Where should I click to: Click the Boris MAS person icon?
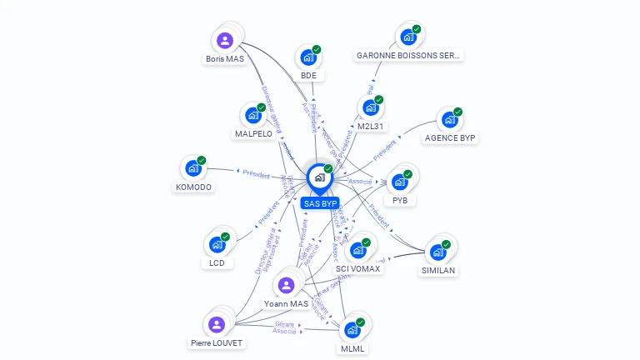coord(224,40)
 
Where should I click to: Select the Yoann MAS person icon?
coord(287,285)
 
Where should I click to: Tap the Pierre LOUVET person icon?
coord(217,324)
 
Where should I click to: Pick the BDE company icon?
coord(308,57)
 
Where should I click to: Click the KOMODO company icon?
coord(193,168)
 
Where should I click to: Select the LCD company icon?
coord(217,244)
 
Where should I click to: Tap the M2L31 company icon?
coord(370,107)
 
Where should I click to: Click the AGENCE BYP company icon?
coord(449,119)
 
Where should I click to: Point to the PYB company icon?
coord(399,182)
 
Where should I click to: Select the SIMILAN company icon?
coord(437,252)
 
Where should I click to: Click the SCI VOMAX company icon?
coord(358,250)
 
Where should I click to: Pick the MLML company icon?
coord(352,329)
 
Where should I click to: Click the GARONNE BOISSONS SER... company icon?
coord(408,37)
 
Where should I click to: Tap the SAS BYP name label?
coord(320,203)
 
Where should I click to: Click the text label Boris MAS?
coord(225,59)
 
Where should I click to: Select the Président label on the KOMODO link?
coord(256,174)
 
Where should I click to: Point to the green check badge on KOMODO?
coord(202,160)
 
